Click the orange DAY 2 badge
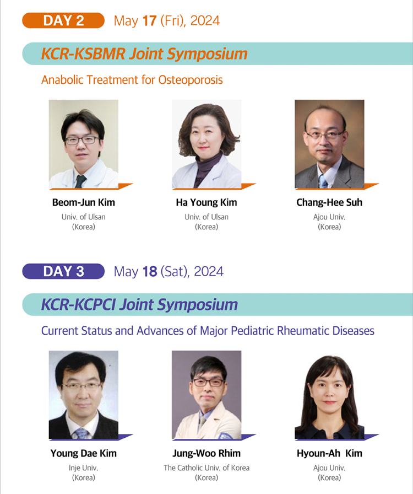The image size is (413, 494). click(63, 20)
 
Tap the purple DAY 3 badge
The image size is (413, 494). click(63, 271)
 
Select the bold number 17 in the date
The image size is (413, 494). click(150, 21)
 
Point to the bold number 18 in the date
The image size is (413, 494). click(150, 272)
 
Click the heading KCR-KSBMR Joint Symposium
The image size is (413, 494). click(144, 53)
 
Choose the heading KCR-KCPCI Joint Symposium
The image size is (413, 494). click(139, 305)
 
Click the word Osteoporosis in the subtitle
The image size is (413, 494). click(191, 80)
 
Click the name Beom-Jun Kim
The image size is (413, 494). click(83, 202)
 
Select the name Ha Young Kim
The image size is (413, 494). click(206, 202)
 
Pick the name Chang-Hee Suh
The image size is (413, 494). click(329, 202)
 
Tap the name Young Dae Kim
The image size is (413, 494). click(83, 453)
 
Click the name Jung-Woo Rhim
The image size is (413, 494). click(206, 453)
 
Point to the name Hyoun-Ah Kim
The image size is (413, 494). click(329, 453)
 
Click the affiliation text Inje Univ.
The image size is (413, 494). click(83, 468)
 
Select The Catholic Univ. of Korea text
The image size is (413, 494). click(206, 468)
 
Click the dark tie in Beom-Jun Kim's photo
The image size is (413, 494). click(80, 181)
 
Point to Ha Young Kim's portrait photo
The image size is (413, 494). click(206, 144)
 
